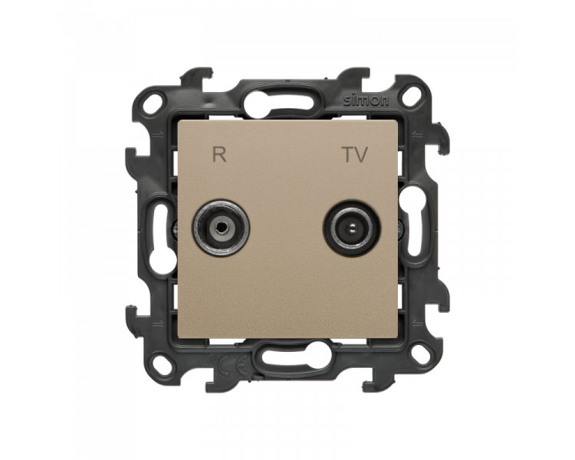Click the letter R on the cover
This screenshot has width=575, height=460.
click(220, 154)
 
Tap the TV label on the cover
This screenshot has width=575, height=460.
click(355, 154)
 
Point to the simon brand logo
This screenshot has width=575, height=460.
click(366, 100)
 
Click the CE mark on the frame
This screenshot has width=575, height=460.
click(235, 365)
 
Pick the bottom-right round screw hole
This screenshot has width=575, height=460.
click(421, 355)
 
